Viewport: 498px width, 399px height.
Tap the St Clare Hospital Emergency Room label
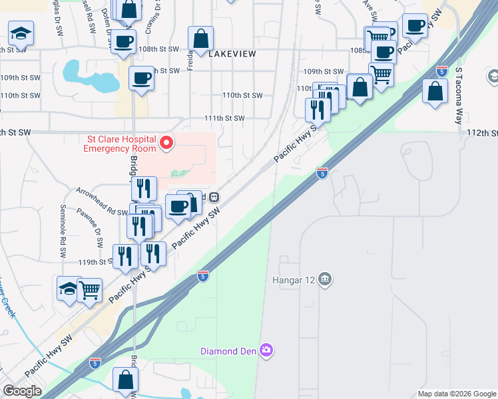tap(120, 144)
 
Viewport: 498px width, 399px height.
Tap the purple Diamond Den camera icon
tap(267, 350)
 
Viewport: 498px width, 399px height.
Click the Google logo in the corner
tap(22, 391)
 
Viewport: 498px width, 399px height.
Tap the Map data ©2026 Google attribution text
tap(456, 394)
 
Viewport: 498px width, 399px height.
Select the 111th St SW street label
tap(224, 118)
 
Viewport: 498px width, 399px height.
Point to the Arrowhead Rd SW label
tap(101, 211)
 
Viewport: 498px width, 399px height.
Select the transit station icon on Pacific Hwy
tap(214, 197)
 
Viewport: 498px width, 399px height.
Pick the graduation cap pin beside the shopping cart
tap(69, 289)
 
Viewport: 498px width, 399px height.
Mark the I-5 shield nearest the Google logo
tap(95, 363)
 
